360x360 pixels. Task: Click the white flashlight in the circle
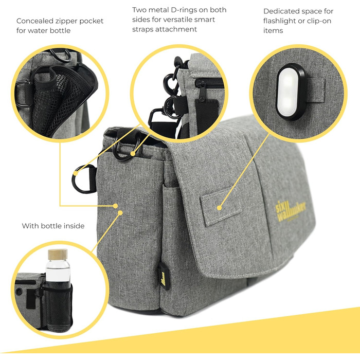(x=291, y=92)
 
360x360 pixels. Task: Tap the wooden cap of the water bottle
(x=58, y=255)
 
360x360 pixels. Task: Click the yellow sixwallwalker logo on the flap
(x=291, y=211)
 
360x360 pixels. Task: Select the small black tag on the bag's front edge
(x=164, y=276)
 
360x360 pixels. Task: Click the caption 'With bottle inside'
(x=53, y=226)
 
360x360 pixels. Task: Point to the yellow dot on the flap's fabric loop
(x=219, y=208)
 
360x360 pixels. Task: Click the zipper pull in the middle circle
(x=202, y=92)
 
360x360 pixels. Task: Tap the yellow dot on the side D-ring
(x=75, y=173)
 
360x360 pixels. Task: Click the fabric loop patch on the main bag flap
(x=221, y=207)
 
